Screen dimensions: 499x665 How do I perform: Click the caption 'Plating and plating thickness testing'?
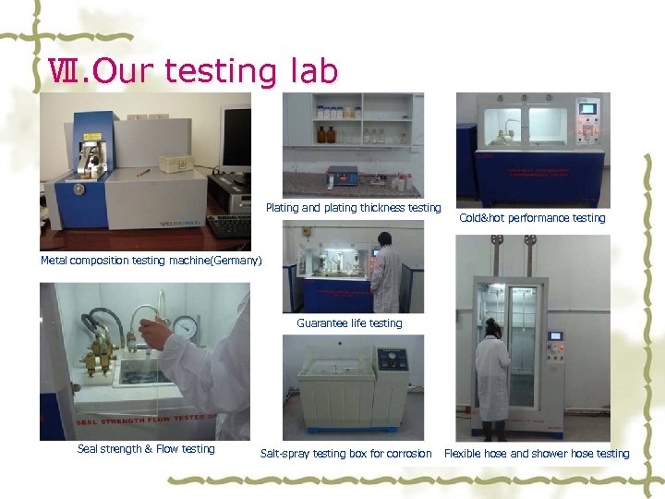pyautogui.click(x=354, y=208)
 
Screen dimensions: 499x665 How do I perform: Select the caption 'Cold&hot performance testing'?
pyautogui.click(x=532, y=218)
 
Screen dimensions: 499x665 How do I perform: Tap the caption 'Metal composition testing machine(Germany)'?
pyautogui.click(x=151, y=261)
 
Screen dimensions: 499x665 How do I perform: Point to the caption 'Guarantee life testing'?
pyautogui.click(x=349, y=323)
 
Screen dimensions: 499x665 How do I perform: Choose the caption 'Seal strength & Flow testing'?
pyautogui.click(x=146, y=449)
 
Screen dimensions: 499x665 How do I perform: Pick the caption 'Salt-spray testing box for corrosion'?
pyautogui.click(x=345, y=454)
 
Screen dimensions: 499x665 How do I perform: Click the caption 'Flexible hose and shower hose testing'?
pyautogui.click(x=536, y=454)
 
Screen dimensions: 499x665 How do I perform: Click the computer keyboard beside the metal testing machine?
pyautogui.click(x=229, y=225)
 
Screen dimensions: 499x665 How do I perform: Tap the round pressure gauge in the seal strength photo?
pyautogui.click(x=186, y=328)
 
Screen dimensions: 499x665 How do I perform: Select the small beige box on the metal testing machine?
pyautogui.click(x=173, y=163)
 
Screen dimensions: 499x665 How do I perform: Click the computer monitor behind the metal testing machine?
pyautogui.click(x=235, y=139)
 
